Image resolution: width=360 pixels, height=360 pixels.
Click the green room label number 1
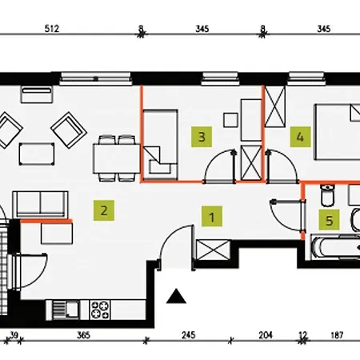coord(212,216)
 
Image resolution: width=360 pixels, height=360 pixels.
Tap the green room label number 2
coord(104,210)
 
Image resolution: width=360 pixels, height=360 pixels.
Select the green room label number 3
coord(202,137)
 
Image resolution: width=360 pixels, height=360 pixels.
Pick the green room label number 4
coord(300,137)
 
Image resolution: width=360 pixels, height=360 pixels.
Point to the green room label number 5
coord(330,220)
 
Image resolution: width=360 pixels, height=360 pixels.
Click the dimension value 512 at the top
coord(52,29)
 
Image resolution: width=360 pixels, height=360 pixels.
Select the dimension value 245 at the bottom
coord(189,335)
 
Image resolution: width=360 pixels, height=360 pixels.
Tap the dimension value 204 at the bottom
coord(266,335)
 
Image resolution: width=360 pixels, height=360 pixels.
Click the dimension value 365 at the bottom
coord(83,335)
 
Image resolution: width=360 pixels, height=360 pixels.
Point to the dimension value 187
coord(337,335)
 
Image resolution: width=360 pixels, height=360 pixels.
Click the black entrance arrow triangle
coord(176,296)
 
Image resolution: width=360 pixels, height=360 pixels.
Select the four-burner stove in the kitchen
coord(100,310)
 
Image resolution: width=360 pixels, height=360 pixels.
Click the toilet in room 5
coord(327,195)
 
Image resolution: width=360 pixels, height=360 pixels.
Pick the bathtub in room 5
coord(336,246)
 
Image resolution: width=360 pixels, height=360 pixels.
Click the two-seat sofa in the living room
coord(40,204)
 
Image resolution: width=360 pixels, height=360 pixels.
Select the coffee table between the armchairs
coord(37,154)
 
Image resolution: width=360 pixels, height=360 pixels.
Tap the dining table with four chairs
coord(116,158)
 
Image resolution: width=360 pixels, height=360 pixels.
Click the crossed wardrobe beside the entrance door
coord(213,250)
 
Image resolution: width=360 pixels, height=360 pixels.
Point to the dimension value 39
coord(14,334)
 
